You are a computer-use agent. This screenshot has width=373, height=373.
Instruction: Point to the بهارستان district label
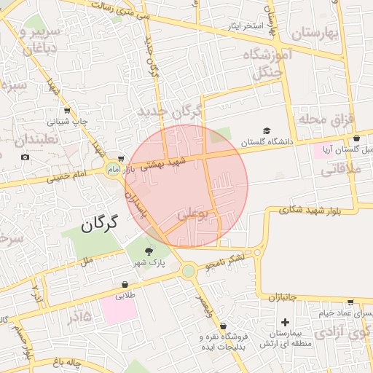[316, 34]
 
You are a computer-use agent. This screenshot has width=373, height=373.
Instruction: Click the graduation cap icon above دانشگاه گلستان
[267, 130]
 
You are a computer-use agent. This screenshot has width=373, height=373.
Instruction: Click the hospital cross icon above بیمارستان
[285, 322]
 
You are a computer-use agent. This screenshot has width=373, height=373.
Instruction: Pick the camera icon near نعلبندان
[25, 157]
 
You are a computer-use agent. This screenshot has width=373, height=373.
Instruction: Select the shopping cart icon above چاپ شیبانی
[67, 111]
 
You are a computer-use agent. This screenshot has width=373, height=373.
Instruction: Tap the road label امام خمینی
[70, 176]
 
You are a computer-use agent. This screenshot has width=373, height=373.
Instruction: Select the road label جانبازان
[283, 297]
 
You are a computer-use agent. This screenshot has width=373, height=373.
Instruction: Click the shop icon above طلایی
[125, 285]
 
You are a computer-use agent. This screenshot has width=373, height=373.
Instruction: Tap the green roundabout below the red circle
[189, 271]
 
